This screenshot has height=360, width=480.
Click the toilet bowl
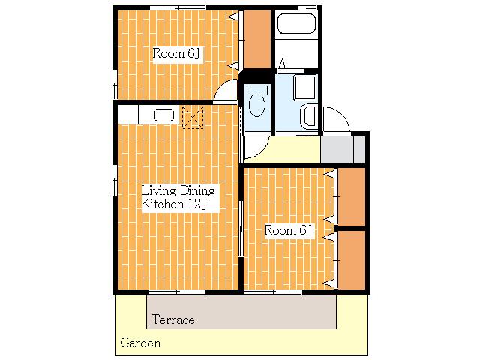click(x=256, y=105)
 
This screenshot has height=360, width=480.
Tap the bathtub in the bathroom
click(x=296, y=23)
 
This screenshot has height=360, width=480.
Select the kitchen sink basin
click(x=163, y=115)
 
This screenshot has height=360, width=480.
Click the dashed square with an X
click(x=193, y=117)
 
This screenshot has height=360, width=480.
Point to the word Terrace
click(x=173, y=320)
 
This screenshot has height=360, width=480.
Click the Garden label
click(x=140, y=343)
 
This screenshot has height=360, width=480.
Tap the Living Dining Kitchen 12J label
click(x=178, y=197)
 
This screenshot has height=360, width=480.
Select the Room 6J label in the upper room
click(x=176, y=53)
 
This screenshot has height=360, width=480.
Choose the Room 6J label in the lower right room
click(x=288, y=230)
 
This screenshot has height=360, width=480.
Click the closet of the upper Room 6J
click(x=257, y=39)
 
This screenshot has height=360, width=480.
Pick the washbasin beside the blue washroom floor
click(x=308, y=116)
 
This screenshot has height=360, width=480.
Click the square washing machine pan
click(x=305, y=88)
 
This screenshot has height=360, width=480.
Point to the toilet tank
click(x=257, y=90)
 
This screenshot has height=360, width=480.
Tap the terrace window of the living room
click(x=177, y=292)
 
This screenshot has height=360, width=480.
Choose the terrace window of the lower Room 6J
click(x=273, y=292)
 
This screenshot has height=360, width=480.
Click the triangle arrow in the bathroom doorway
click(x=282, y=64)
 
